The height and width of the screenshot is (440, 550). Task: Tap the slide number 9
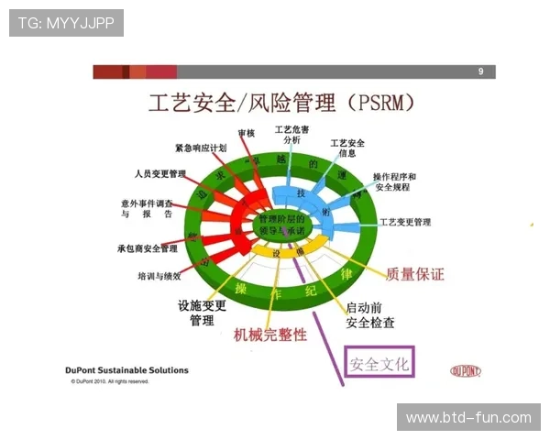[x=480, y=71]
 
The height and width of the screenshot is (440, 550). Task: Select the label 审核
[x=246, y=133]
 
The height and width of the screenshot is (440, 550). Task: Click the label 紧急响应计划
[x=201, y=148]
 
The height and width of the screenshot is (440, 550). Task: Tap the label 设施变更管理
[x=202, y=313]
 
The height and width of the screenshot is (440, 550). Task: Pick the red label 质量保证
[x=414, y=274]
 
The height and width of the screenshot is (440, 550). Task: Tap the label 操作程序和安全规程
[x=394, y=181]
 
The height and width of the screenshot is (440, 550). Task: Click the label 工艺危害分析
[x=291, y=134]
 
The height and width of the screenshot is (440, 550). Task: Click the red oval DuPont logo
[x=467, y=371]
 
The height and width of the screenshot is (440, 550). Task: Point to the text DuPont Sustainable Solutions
[x=126, y=370]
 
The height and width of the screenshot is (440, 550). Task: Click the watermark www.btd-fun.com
[x=468, y=418]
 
